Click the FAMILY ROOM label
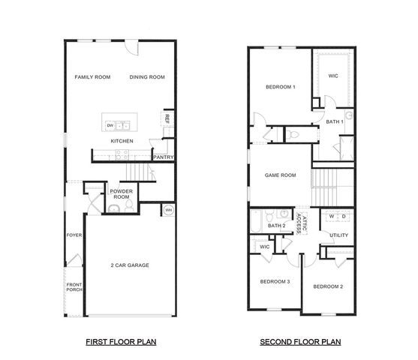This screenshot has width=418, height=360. [x=92, y=76]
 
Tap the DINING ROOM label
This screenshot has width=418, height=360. [x=147, y=76]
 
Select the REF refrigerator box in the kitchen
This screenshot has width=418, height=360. [x=166, y=118]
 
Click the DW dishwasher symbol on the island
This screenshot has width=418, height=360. [x=110, y=125]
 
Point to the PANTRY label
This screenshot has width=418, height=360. [x=164, y=157]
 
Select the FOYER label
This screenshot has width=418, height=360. [x=74, y=235]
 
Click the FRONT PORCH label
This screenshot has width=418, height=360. [x=74, y=287]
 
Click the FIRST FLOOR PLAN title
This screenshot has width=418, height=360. [x=120, y=341]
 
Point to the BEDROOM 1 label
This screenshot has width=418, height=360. [x=281, y=87]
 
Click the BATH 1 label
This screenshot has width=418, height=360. [x=335, y=121]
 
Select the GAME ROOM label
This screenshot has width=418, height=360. [x=281, y=175]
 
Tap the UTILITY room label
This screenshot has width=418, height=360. [x=339, y=235]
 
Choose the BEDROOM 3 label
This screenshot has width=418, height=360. [x=275, y=281]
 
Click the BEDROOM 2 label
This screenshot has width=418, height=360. [x=328, y=286]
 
